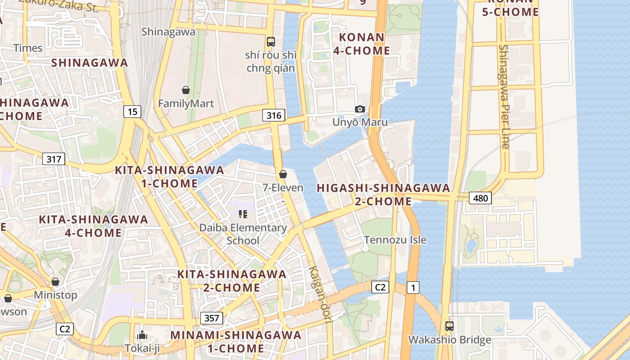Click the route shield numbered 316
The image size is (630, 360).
tap(274, 116)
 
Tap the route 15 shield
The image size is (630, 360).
tap(132, 111)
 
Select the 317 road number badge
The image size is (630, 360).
tap(54, 159)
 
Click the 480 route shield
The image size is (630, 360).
tap(480, 198)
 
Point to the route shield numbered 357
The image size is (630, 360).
tap(211, 318)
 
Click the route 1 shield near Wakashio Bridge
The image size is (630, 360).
tap(413, 287)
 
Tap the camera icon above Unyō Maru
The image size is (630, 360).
tap(360, 109)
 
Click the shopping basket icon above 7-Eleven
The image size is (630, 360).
tap(283, 174)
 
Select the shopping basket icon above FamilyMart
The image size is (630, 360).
tap(185, 90)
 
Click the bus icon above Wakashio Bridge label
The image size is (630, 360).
tap(449, 326)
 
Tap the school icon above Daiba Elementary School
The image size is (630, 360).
tap(243, 214)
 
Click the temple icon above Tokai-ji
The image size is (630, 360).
tap(142, 335)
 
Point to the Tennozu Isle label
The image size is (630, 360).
tap(395, 239)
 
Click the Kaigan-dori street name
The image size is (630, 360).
tap(320, 294)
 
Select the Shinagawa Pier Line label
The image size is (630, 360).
tap(504, 96)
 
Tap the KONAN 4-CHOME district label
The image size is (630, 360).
tap(362, 44)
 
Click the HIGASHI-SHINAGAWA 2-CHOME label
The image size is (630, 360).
tap(383, 194)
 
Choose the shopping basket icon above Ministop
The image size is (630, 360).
tap(55, 282)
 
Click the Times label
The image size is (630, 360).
tap(28, 48)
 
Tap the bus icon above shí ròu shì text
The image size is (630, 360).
tap(270, 42)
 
